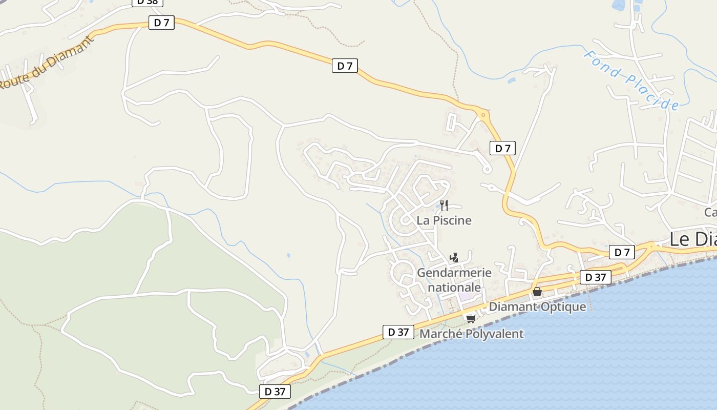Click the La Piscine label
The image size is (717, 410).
coord(444,220)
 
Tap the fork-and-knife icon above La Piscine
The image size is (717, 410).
coord(444,206)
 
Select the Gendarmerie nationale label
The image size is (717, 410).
coord(454,280)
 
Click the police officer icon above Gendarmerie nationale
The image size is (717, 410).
coord(453,257)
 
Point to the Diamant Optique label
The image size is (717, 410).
coord(537,307)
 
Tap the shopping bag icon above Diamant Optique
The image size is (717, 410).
coord(537,292)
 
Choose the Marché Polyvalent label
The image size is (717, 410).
coord(471,334)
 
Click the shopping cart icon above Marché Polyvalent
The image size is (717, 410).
coord(471,319)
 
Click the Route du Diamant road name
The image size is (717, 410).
coord(47,63)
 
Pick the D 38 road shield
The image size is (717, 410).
coord(147,2)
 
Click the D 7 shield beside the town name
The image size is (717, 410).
coord(622,252)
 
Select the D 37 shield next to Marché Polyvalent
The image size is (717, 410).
coord(398,332)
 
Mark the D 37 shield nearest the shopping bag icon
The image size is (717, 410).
coord(595,277)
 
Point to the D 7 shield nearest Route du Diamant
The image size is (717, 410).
coord(161,23)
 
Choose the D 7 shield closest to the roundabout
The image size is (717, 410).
coord(502,149)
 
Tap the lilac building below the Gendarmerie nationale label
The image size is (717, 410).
coord(466,296)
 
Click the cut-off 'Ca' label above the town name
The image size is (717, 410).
coord(710,212)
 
